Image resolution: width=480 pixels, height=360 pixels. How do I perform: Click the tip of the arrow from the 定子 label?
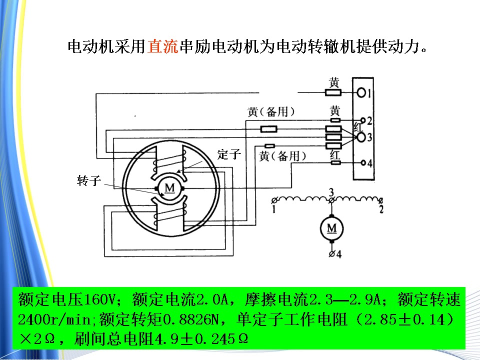(x=177, y=172)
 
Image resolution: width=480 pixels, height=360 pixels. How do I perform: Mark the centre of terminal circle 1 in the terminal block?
(x=361, y=92)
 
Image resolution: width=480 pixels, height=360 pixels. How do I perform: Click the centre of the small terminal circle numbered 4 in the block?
(x=363, y=162)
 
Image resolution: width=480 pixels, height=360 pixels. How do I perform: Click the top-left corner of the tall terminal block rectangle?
(x=352, y=78)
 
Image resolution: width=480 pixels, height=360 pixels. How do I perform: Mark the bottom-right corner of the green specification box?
(x=465, y=349)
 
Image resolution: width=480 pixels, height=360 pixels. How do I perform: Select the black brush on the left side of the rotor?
(x=156, y=188)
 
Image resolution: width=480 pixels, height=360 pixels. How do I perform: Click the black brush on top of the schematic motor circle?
(x=331, y=216)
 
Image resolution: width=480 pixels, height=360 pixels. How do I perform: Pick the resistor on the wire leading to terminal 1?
(x=333, y=92)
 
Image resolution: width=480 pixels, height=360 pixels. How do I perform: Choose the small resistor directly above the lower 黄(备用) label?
(x=269, y=145)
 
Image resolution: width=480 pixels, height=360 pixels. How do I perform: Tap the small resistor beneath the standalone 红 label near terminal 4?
(x=336, y=162)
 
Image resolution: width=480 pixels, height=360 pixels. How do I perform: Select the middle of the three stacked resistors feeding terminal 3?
(x=333, y=137)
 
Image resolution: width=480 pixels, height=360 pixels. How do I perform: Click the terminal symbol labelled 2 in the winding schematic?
(x=380, y=201)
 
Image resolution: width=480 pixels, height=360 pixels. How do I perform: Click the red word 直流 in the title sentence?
(x=162, y=46)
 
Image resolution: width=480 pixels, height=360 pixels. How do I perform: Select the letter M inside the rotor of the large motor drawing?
(x=169, y=188)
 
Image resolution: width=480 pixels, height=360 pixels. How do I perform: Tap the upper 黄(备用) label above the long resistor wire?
(x=271, y=111)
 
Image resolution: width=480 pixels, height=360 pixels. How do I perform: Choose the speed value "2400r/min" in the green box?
(x=54, y=319)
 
